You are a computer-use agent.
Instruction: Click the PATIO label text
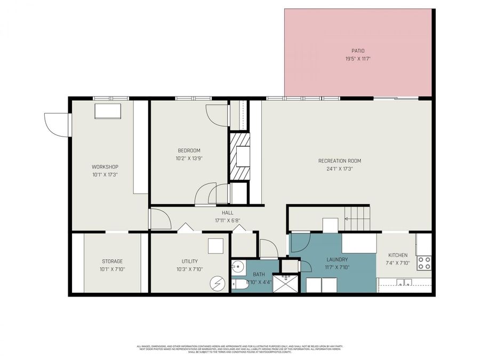click(x=358, y=51)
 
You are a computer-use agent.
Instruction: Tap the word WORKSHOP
click(x=105, y=166)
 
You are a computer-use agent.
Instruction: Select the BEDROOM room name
click(x=189, y=150)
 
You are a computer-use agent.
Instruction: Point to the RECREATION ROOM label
click(x=340, y=161)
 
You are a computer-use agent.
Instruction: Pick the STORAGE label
click(x=112, y=261)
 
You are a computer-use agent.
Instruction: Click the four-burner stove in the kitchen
click(x=424, y=262)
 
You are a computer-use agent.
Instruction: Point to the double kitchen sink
click(x=404, y=283)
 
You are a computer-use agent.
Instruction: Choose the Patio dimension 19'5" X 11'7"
click(x=358, y=59)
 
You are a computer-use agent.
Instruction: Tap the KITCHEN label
click(x=398, y=255)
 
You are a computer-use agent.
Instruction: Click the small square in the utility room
click(x=215, y=246)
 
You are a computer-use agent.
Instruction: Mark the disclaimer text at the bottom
click(x=240, y=348)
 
